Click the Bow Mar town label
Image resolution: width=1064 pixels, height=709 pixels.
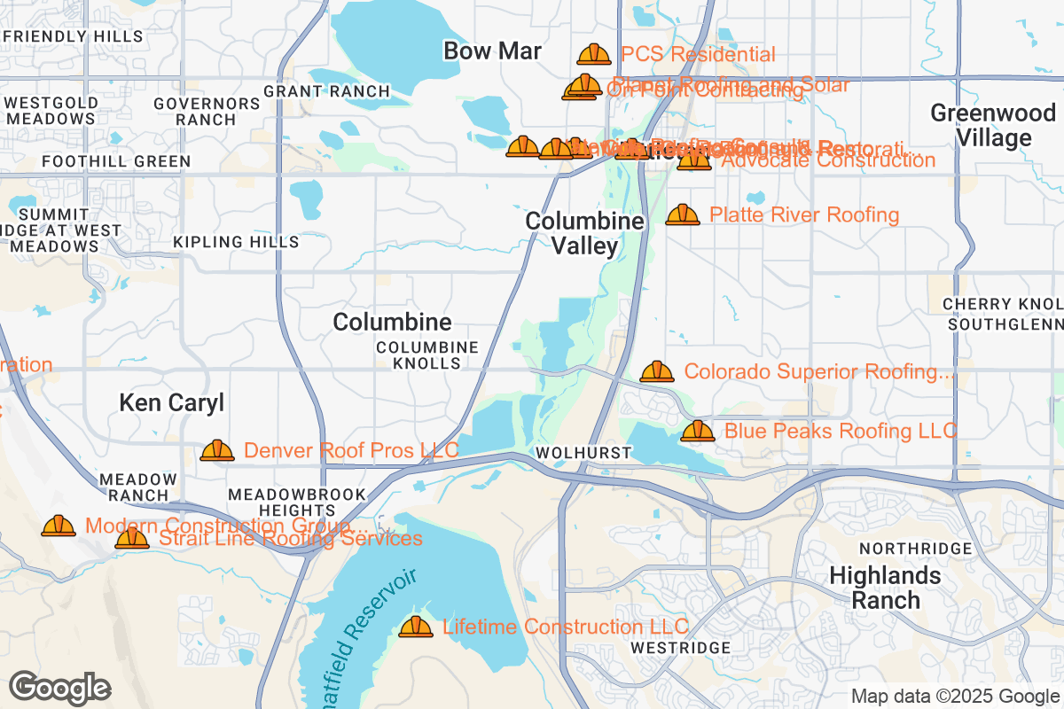click(492, 51)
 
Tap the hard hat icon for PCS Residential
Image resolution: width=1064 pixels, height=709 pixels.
click(594, 55)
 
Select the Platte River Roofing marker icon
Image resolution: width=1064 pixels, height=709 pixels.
click(683, 214)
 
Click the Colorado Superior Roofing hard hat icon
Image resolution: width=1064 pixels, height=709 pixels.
click(657, 371)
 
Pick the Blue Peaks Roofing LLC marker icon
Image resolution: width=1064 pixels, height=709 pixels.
click(698, 431)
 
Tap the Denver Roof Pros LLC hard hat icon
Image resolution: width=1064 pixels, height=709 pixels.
click(217, 450)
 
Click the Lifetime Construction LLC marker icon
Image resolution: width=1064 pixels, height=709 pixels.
click(416, 627)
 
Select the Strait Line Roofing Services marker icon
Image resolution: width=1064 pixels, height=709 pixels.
click(132, 538)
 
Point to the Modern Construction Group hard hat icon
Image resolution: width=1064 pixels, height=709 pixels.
click(59, 526)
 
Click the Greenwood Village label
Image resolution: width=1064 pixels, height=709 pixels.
click(981, 126)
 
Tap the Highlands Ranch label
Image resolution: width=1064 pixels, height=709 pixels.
click(884, 588)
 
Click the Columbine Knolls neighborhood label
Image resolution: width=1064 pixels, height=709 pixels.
click(427, 355)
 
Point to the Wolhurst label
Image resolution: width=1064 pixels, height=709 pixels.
click(583, 453)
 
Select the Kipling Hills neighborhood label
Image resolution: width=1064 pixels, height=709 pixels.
click(236, 242)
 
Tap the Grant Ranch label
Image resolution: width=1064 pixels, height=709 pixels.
click(326, 91)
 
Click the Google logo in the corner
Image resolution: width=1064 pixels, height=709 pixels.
click(60, 688)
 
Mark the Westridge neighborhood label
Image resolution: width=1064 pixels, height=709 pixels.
click(681, 648)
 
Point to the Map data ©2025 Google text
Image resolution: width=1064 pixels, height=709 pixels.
click(956, 696)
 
